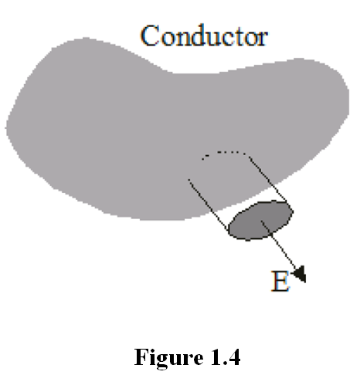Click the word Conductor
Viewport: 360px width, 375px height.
tap(204, 35)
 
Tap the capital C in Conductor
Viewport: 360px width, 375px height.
tap(149, 35)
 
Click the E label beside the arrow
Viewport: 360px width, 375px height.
tap(280, 281)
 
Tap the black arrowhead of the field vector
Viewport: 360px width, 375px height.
tap(300, 274)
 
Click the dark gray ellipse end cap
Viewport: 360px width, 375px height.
tap(261, 221)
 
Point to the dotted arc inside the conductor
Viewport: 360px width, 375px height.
tap(223, 154)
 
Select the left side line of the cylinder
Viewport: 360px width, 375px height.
tap(209, 204)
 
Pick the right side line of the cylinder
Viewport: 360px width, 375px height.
tap(267, 179)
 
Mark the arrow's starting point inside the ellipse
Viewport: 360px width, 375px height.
tap(262, 221)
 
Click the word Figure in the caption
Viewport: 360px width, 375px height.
tap(169, 357)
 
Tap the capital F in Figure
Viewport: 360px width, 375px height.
tap(141, 356)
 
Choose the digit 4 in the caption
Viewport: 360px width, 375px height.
tap(233, 356)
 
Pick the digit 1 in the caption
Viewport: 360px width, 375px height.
tap(214, 356)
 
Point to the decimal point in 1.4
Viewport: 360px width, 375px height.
tap(222, 363)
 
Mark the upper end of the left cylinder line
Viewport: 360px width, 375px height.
tap(188, 179)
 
